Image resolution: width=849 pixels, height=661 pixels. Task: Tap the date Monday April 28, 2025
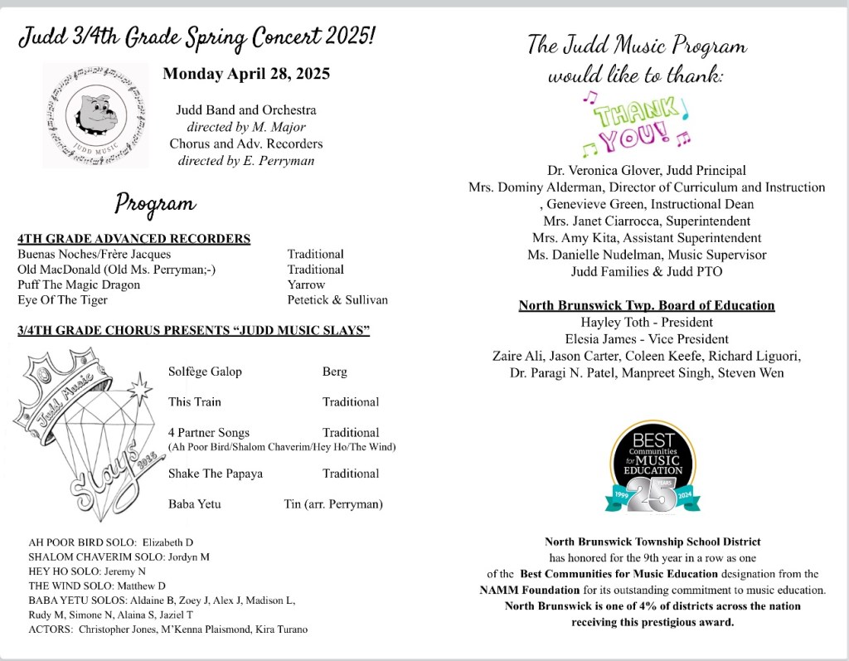pos(246,74)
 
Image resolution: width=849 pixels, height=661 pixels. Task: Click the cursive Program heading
pos(155,203)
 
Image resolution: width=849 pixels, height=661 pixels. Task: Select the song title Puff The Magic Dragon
pos(79,284)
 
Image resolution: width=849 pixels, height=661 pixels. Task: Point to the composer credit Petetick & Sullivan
pos(337,300)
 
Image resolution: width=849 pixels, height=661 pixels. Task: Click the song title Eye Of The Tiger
pos(62,300)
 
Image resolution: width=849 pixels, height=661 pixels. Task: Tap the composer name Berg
pos(335,372)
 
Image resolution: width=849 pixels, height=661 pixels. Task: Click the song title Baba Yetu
pos(194,503)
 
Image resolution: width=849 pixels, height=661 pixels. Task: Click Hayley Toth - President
pos(647,323)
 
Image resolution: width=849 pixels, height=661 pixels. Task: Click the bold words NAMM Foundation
pos(530,591)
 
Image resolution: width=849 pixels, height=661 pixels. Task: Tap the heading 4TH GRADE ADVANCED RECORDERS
pos(133,239)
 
